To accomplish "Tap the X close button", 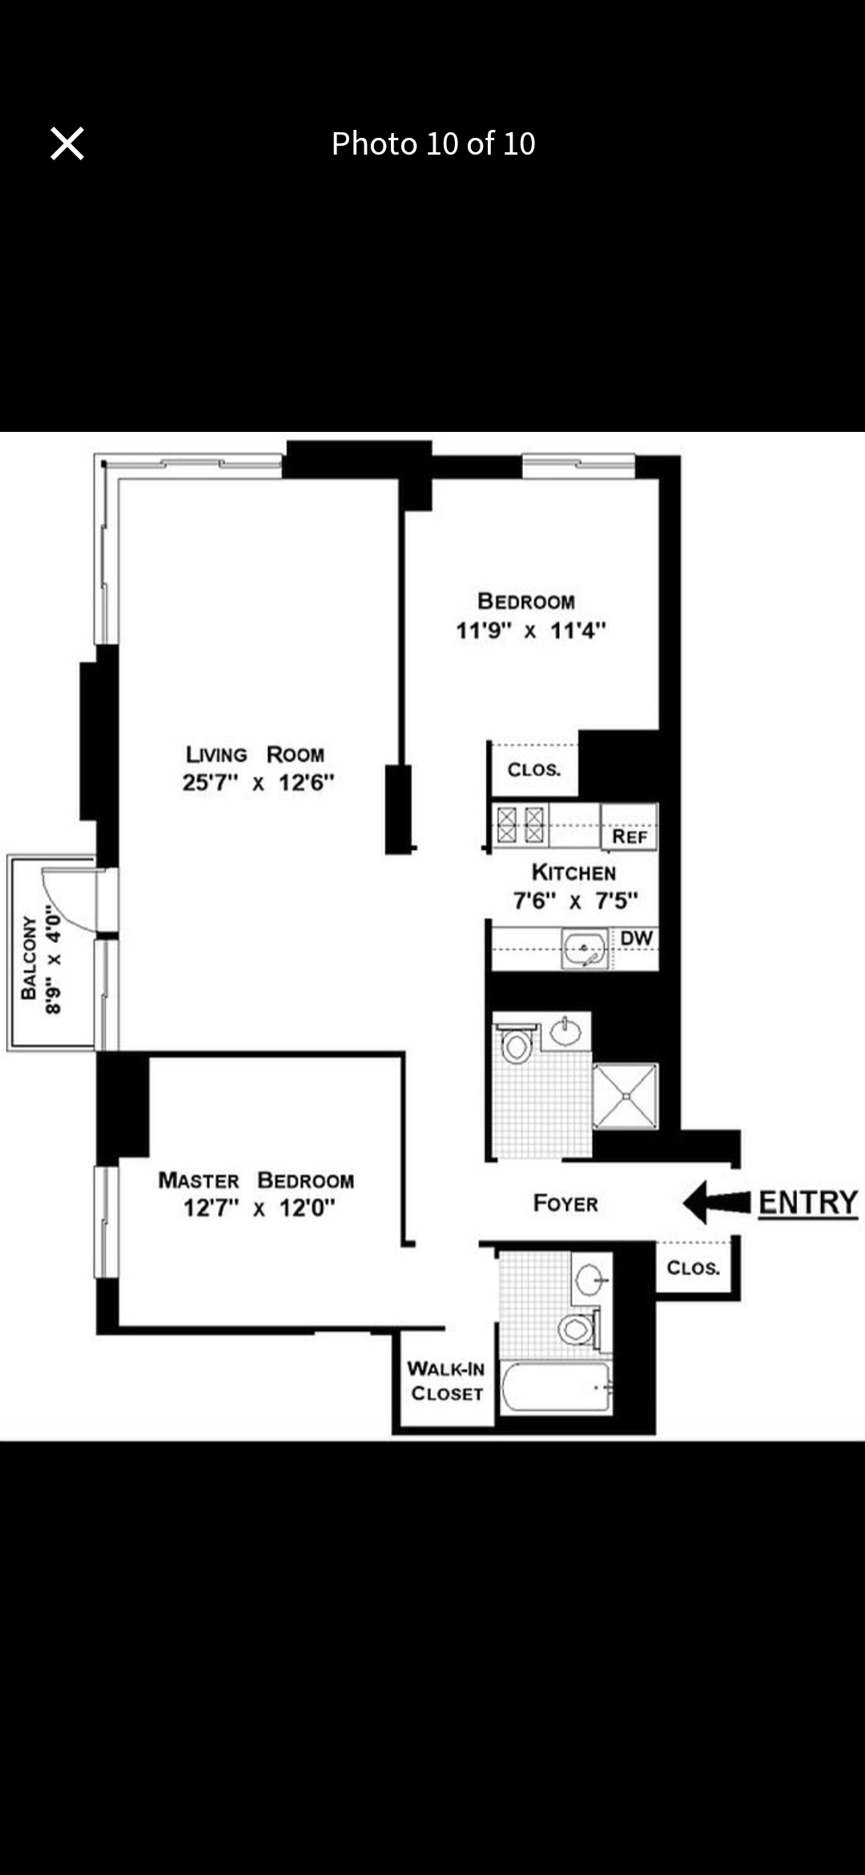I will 67,144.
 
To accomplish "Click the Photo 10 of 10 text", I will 433,144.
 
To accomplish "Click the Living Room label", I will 255,755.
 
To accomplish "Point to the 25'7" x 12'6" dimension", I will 258,783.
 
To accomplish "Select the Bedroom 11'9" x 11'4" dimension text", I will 530,631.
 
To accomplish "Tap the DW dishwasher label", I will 637,938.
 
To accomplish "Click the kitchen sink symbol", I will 585,950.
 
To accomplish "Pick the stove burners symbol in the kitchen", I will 521,825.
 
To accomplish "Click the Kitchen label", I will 573,873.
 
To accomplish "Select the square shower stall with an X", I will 626,1096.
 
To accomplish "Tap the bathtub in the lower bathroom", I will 556,1387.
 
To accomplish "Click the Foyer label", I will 565,1204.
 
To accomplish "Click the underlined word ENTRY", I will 807,1203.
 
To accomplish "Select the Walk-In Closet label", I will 446,1381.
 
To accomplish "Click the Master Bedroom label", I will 255,1180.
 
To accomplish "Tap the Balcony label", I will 29,958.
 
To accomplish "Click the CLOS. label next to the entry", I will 693,1268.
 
